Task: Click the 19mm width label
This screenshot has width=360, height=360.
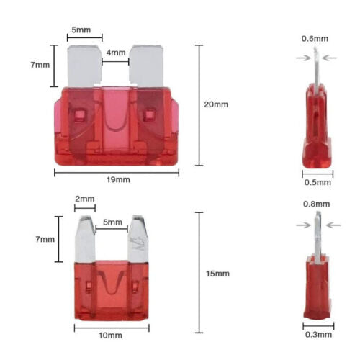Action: [x=118, y=179]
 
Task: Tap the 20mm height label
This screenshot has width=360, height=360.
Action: [x=216, y=104]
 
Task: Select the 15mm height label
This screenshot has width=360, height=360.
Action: [x=217, y=274]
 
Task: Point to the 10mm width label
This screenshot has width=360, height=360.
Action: [x=110, y=336]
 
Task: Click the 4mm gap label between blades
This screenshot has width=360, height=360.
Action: [x=116, y=53]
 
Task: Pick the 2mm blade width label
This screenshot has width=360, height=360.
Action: [x=85, y=199]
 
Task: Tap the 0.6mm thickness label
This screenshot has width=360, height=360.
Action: [x=315, y=39]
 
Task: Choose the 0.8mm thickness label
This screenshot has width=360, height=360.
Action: [x=316, y=204]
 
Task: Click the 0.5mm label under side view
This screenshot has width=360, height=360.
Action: [x=318, y=182]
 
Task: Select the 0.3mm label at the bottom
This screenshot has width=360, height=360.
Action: [x=318, y=335]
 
